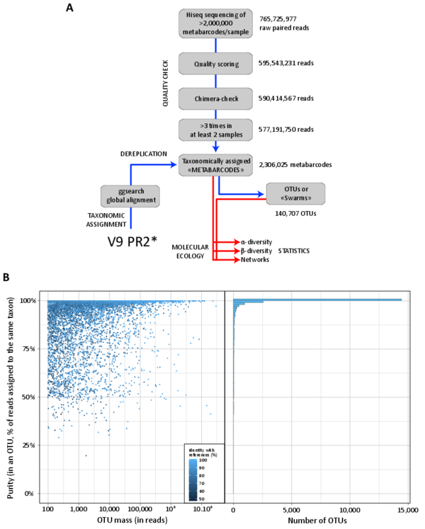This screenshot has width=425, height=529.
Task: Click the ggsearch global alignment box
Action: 130,195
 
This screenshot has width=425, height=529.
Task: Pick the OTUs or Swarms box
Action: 295,193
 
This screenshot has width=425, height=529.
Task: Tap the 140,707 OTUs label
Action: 295,212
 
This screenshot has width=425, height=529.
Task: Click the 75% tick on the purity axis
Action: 28,348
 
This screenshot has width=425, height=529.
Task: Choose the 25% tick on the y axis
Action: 28,445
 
